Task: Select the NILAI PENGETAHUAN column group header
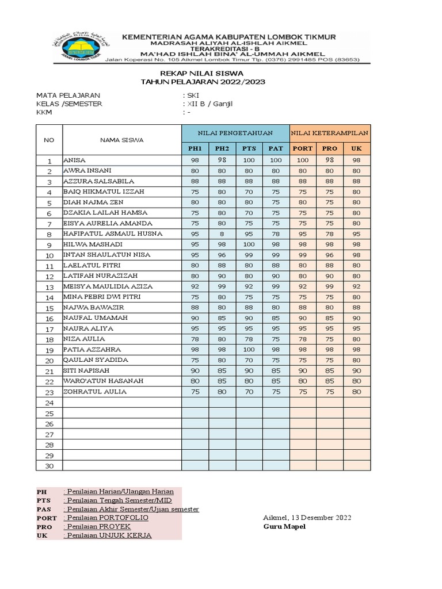point(235,133)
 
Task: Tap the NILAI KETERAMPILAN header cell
point(329,133)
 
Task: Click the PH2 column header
point(222,148)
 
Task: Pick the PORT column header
point(303,148)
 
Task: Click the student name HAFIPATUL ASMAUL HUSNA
point(113,234)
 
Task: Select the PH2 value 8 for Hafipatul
point(222,234)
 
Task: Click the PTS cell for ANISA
point(249,160)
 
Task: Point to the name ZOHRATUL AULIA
point(95,392)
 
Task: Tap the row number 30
point(49,466)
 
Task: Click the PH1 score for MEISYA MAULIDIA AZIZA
point(195,286)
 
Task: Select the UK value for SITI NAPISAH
point(356,371)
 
